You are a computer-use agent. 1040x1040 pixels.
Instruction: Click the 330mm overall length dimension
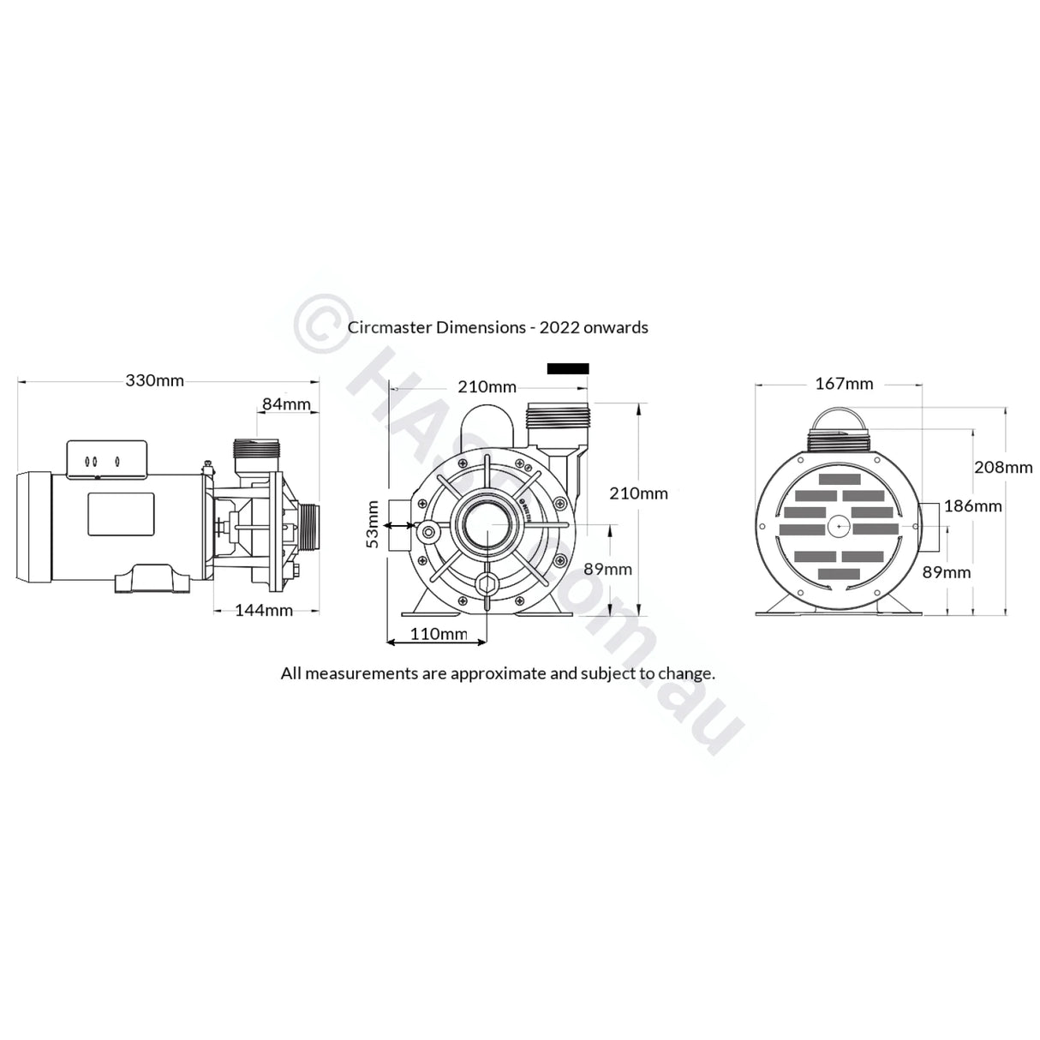[x=154, y=380]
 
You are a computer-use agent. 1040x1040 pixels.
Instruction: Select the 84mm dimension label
[x=286, y=403]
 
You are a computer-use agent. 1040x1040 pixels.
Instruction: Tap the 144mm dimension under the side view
[x=264, y=610]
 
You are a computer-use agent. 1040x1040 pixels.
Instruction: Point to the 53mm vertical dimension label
[x=372, y=523]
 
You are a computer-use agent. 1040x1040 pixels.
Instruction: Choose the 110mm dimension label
[x=438, y=634]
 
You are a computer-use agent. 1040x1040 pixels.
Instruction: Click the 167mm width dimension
[x=844, y=383]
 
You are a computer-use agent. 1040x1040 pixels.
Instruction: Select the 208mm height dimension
[x=1003, y=467]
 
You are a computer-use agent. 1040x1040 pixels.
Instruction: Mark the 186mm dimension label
[x=972, y=505]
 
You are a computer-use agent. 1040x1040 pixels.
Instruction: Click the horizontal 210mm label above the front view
[x=487, y=386]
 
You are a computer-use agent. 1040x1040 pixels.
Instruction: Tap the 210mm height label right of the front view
[x=638, y=493]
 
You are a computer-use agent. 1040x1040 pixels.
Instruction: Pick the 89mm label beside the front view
[x=607, y=569]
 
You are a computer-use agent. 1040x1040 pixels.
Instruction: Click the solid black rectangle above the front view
[x=568, y=368]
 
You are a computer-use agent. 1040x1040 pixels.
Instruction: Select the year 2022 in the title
[x=572, y=327]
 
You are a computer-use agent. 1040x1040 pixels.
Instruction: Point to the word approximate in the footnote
[x=498, y=672]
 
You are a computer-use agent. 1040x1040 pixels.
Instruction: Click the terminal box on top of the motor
[x=107, y=458]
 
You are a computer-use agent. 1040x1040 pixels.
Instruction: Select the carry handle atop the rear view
[x=838, y=420]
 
